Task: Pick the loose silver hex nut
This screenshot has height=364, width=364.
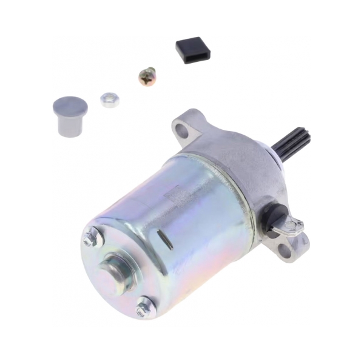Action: (x=109, y=99)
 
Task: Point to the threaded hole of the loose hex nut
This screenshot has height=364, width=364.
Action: (x=109, y=97)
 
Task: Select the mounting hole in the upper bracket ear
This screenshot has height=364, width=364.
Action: (x=182, y=129)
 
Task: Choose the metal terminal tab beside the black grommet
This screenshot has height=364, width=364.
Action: (x=291, y=227)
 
